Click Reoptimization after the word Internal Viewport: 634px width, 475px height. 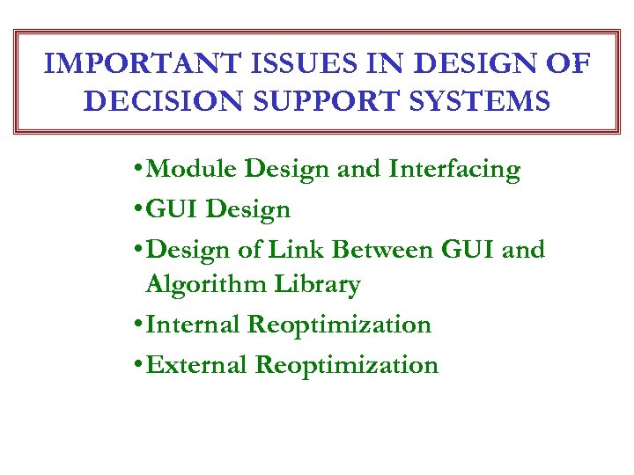point(339,325)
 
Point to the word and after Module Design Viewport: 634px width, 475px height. point(358,169)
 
